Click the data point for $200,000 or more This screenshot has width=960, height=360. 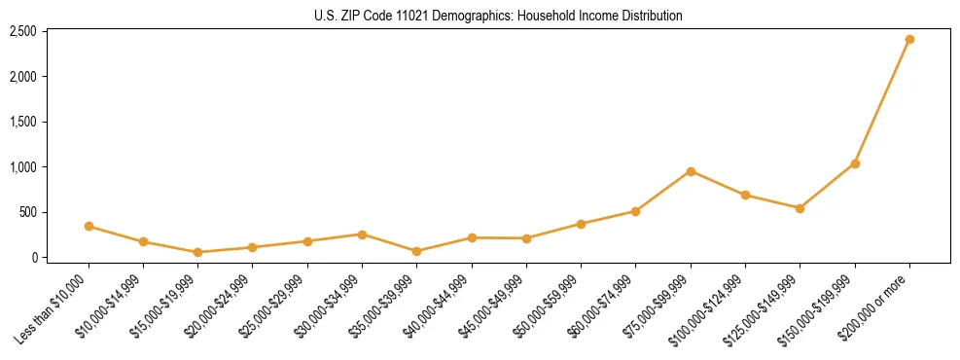coord(909,40)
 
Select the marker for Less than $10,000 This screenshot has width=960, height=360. coord(89,227)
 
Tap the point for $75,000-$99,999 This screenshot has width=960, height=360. coord(691,171)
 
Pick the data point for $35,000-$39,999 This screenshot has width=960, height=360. coord(417,251)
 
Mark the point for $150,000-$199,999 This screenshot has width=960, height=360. coord(855,163)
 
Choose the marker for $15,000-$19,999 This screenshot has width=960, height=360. coord(198,252)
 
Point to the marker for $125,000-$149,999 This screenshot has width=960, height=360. coord(800,208)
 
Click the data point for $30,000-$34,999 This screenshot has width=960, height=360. coord(362,234)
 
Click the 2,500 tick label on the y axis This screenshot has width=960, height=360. coord(23,31)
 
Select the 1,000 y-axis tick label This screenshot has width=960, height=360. coord(23,167)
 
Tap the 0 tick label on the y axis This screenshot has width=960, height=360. coord(33,258)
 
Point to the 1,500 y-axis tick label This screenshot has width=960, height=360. coord(23,122)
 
